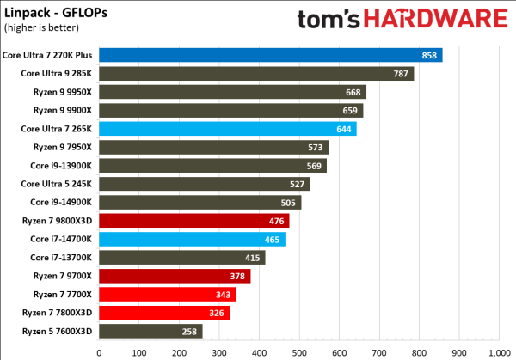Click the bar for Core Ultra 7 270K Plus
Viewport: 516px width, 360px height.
270,55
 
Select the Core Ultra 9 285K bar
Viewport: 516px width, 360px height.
256,74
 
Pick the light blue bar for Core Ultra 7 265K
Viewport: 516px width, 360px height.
228,129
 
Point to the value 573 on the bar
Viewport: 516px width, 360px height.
315,147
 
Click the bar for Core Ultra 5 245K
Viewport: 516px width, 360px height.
205,184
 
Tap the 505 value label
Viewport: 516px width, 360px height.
288,202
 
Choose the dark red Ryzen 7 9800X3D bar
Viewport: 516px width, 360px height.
194,221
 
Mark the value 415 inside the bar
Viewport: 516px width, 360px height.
252,257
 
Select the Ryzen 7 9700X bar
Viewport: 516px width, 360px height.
175,276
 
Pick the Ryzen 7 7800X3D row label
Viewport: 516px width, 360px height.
54,312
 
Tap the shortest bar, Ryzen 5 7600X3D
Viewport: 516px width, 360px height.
150,331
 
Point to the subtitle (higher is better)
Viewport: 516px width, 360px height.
40,26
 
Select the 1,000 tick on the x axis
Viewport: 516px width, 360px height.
498,350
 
